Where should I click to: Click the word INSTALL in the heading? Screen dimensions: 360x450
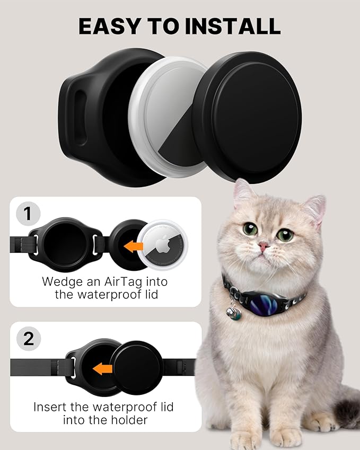click(x=233, y=27)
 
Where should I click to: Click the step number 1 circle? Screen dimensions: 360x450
click(x=28, y=214)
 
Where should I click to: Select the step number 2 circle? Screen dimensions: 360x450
click(x=29, y=339)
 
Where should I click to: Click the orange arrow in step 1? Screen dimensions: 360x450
click(x=133, y=246)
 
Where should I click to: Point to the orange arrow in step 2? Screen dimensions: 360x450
click(x=102, y=368)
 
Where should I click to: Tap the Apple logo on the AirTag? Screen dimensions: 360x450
click(x=162, y=244)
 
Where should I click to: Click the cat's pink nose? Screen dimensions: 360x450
click(x=264, y=246)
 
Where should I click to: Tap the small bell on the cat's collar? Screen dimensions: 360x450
click(x=234, y=313)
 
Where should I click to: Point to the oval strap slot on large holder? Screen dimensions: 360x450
click(x=80, y=117)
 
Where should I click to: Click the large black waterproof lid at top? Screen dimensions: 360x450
click(x=248, y=117)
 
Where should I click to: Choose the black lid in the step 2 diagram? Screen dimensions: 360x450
click(x=137, y=367)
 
